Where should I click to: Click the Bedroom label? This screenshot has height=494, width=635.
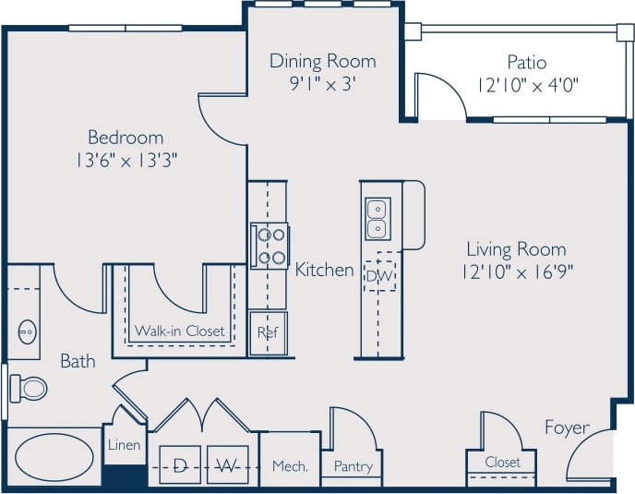tap(126, 137)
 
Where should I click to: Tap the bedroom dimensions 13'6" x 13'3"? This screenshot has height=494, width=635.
tap(126, 159)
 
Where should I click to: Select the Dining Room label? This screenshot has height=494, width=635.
tap(322, 62)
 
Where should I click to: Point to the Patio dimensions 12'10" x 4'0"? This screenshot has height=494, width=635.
tap(527, 85)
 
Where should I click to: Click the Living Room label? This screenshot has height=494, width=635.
tap(515, 249)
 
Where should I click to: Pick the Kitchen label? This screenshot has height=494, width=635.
tap(324, 270)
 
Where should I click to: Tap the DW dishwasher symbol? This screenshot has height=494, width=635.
tap(378, 274)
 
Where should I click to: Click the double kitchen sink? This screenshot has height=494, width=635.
tap(377, 219)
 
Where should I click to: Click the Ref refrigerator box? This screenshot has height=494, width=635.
tap(268, 332)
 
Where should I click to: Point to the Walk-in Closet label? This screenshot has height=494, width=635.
tap(179, 331)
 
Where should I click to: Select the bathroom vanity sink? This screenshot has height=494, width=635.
tap(26, 329)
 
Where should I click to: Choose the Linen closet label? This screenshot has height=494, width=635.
tap(124, 445)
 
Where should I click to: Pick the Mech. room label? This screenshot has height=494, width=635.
tap(290, 466)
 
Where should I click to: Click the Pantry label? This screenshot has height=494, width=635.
tap(353, 466)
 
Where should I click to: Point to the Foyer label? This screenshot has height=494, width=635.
tap(566, 428)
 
